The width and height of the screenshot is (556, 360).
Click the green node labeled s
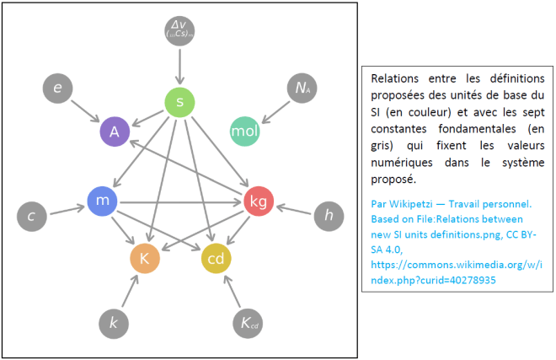coord(179,103)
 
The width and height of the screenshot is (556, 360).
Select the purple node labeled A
coord(115,132)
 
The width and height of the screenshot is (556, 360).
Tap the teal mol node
coord(245,132)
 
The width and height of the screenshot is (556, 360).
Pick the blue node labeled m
coord(101,200)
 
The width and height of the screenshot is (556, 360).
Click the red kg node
coord(258,201)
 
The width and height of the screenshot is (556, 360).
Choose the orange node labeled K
coord(144,259)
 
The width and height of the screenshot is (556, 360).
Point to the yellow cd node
coord(216,259)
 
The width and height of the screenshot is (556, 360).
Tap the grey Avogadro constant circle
coord(302,88)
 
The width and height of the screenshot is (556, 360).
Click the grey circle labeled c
coord(31,217)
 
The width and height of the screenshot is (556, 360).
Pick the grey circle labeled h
coord(329,217)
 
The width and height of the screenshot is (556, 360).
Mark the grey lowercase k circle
coord(113,322)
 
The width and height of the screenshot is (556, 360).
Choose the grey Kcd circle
coord(246,322)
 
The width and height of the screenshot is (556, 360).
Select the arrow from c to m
coord(66,208)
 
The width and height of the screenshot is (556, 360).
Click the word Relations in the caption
coord(395,78)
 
